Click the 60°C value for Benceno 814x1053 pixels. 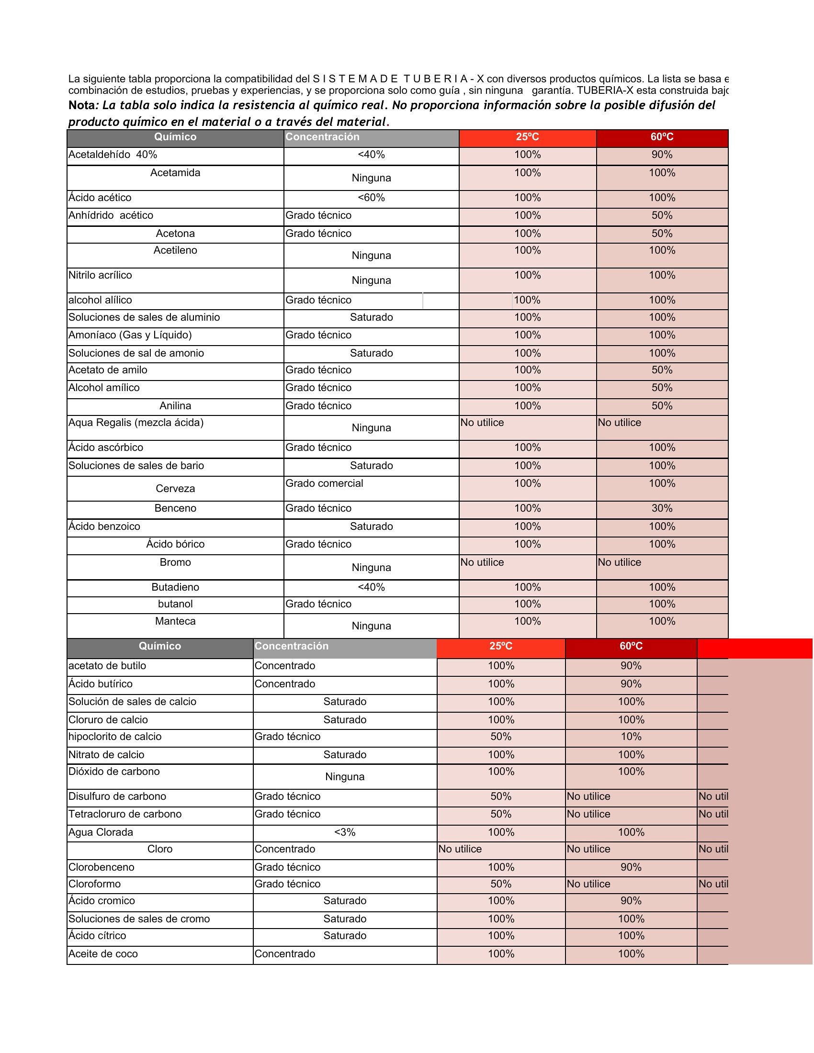click(x=662, y=508)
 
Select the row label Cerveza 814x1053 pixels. click(x=175, y=488)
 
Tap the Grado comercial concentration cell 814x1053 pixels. click(x=324, y=483)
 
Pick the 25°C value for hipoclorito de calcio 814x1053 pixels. click(x=500, y=736)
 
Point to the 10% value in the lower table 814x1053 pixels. click(x=631, y=736)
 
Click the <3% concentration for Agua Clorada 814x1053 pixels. click(x=345, y=832)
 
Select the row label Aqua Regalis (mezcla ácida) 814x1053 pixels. click(x=136, y=422)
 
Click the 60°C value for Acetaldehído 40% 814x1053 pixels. click(x=662, y=154)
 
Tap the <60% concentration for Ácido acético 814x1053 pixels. click(x=371, y=197)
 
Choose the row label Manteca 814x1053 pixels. click(x=175, y=621)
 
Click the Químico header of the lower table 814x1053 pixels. click(x=159, y=646)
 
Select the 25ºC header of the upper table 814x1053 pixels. click(x=527, y=137)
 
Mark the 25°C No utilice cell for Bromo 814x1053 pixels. click(x=482, y=562)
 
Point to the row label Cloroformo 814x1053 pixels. click(x=94, y=884)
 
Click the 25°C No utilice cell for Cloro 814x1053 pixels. click(x=460, y=849)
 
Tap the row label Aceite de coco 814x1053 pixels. click(x=103, y=953)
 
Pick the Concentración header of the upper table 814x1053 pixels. click(x=322, y=137)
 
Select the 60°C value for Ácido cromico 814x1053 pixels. click(x=631, y=901)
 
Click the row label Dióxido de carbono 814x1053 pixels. click(x=114, y=772)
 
